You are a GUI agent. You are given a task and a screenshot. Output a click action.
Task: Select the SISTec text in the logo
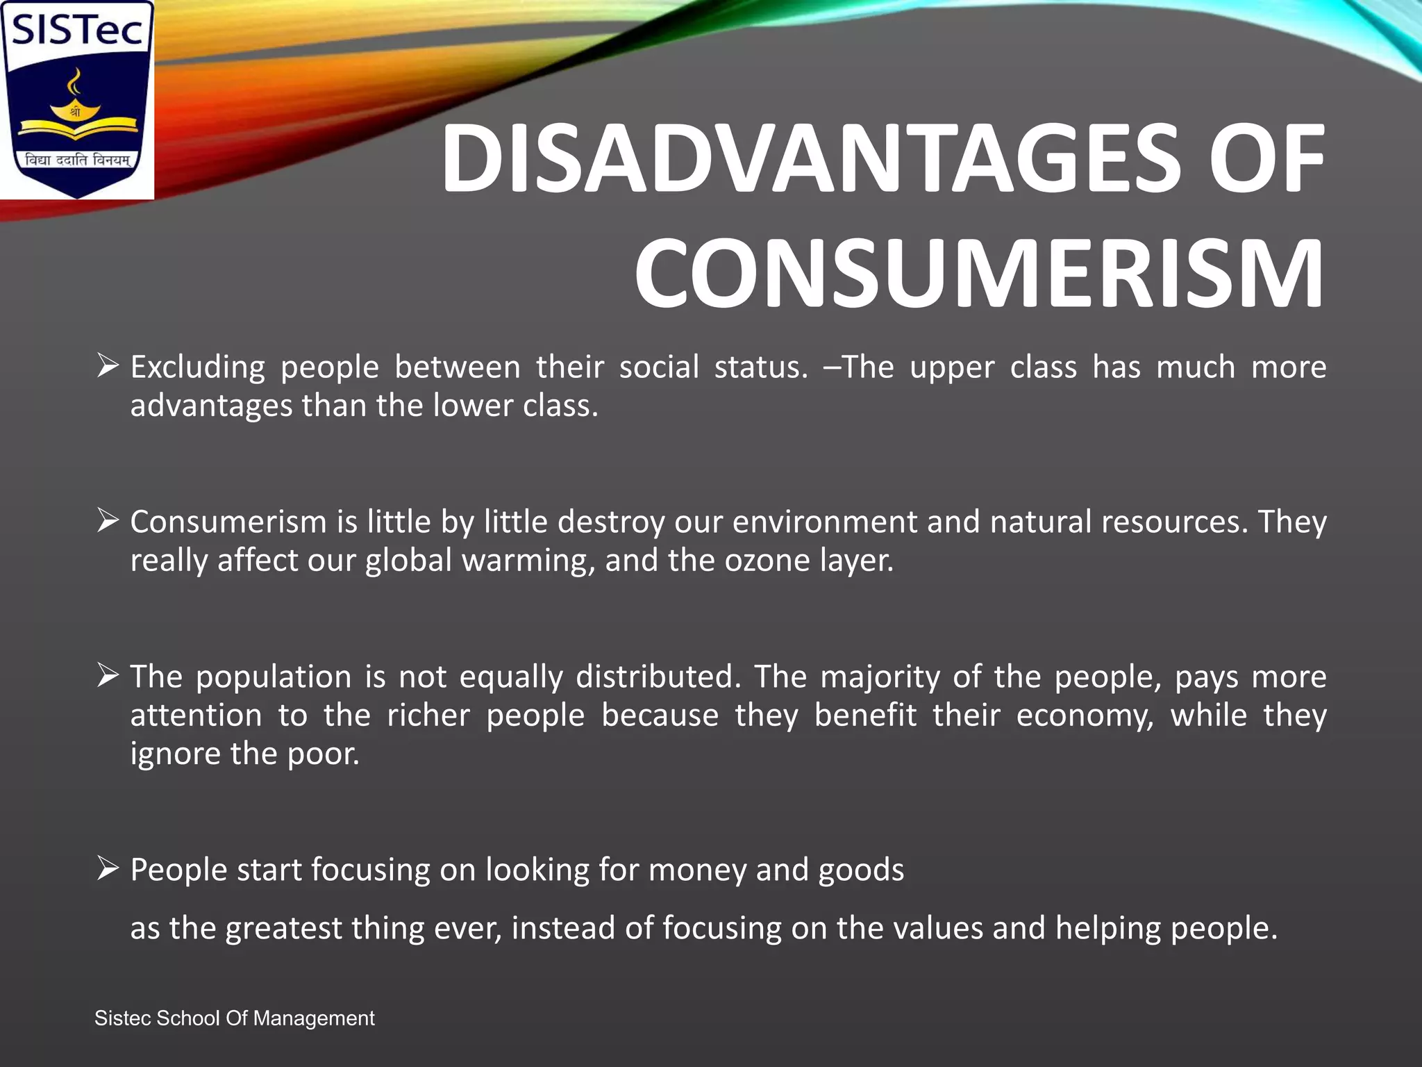76,31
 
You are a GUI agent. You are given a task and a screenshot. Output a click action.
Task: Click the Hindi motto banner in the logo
77,160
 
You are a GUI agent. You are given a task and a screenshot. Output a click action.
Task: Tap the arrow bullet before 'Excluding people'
108,365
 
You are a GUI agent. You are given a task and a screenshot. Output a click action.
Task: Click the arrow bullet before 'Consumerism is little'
108,520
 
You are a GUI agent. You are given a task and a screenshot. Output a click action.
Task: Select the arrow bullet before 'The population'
108,675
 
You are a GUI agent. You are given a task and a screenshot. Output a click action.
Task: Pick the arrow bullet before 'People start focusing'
108,868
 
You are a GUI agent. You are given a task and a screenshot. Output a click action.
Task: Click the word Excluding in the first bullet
198,367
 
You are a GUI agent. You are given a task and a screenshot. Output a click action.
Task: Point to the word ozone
767,561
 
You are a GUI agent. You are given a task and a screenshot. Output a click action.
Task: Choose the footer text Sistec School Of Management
235,1018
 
